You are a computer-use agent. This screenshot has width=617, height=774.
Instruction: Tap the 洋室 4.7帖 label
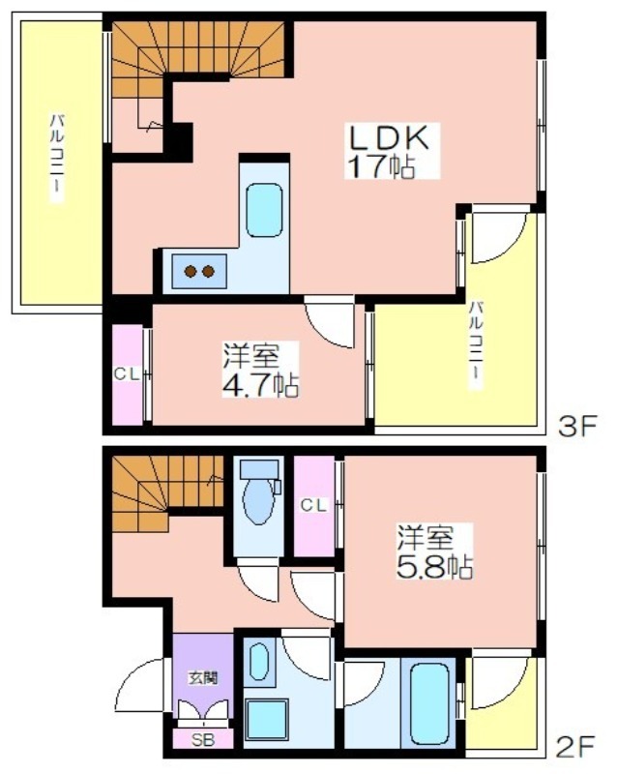260,370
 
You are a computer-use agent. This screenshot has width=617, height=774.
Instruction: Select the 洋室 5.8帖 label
435,551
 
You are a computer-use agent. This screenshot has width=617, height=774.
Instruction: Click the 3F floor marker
577,426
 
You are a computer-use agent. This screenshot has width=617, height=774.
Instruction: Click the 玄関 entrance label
203,678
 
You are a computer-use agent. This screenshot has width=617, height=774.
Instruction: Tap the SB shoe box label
203,740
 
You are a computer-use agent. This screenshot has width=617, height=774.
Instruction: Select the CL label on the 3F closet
127,374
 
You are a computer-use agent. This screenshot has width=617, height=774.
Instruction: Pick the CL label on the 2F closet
314,505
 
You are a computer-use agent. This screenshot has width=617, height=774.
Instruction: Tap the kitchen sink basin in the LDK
265,210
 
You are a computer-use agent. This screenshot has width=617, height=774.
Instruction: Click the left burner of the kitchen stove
191,271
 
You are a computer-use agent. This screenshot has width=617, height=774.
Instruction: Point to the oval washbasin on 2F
259,662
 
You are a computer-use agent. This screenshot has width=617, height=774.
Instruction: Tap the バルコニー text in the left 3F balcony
58,158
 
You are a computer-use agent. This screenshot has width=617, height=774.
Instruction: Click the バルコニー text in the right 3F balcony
476,344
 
